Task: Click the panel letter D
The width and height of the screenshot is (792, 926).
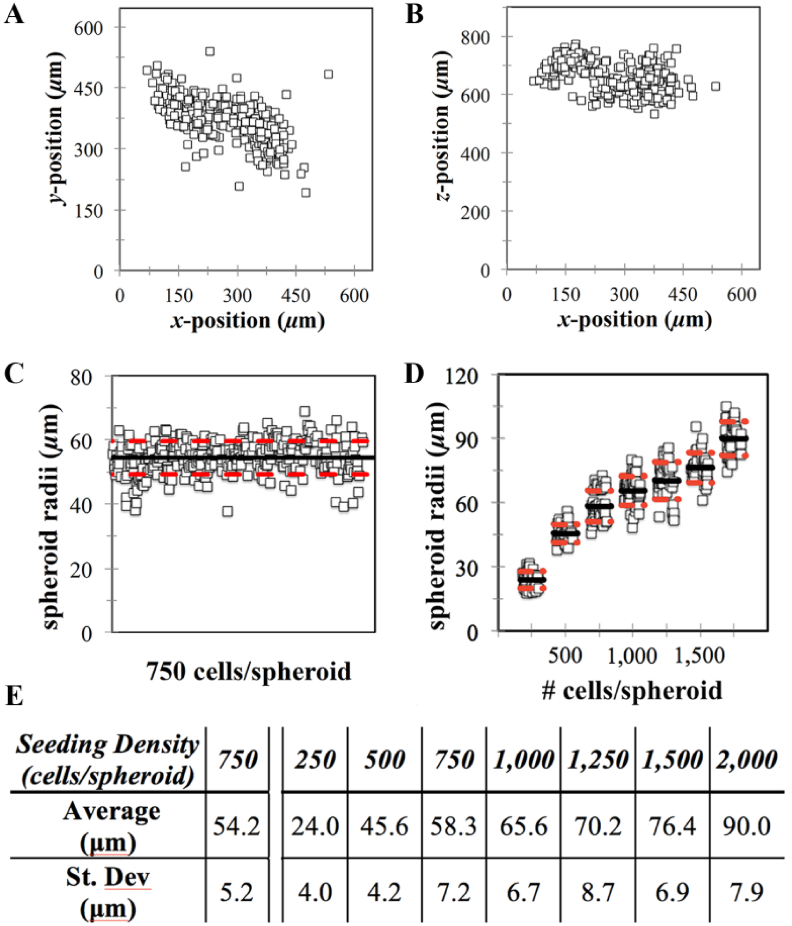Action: click(x=414, y=374)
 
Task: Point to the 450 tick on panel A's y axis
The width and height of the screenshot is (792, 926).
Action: click(x=89, y=88)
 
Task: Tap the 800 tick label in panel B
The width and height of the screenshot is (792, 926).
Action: click(x=475, y=37)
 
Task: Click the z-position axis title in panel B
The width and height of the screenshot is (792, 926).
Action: click(x=442, y=126)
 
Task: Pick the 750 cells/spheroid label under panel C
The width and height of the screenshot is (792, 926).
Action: click(x=248, y=671)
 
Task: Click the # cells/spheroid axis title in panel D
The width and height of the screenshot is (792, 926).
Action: click(x=632, y=690)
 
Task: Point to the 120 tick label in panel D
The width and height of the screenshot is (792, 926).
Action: click(x=462, y=375)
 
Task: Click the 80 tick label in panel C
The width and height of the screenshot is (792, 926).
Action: click(x=82, y=376)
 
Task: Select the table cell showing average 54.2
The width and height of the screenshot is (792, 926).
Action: click(x=237, y=826)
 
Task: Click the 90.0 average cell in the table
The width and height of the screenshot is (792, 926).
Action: click(x=746, y=826)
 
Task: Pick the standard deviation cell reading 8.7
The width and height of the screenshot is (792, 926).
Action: click(x=598, y=892)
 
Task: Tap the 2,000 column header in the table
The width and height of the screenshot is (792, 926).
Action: click(x=746, y=759)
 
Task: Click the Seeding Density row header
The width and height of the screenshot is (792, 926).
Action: click(x=108, y=760)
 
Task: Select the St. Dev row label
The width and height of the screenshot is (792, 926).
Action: click(x=108, y=892)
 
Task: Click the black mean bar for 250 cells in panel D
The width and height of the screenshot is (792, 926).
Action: click(x=532, y=579)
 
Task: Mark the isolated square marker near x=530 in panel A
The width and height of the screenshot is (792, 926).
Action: click(x=328, y=74)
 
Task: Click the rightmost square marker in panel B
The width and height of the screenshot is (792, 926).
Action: click(x=716, y=86)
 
